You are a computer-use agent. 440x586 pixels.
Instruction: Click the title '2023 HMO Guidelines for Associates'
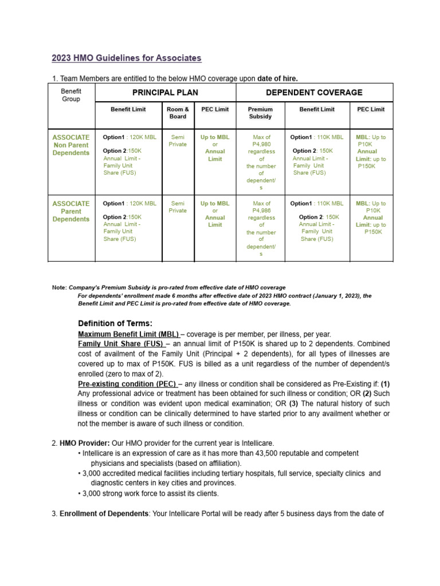click(x=127, y=58)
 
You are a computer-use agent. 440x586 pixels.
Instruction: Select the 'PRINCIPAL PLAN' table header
click(x=165, y=93)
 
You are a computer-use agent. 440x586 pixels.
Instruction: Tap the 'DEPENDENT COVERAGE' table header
click(x=314, y=93)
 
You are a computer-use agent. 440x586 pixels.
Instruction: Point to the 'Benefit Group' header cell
click(x=72, y=95)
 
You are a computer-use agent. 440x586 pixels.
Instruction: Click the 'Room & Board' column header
click(x=178, y=113)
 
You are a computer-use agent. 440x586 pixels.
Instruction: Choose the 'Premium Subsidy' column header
click(x=261, y=113)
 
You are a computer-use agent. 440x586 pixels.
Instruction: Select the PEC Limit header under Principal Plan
click(x=215, y=109)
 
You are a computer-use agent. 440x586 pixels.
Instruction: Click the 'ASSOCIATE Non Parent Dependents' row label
click(x=71, y=145)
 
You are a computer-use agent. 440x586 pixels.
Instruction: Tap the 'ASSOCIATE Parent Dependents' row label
click(x=71, y=211)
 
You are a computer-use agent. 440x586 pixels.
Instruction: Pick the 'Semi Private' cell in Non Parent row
click(x=178, y=141)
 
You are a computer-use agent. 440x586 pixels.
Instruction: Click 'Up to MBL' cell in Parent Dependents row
click(x=215, y=203)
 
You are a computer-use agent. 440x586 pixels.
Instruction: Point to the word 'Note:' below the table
click(x=60, y=287)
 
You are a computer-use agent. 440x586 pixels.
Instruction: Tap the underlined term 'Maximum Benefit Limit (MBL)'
click(x=129, y=334)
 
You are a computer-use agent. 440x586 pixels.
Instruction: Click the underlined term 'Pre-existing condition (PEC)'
click(x=129, y=383)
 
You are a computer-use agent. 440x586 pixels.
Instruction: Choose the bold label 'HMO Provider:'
click(x=85, y=443)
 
